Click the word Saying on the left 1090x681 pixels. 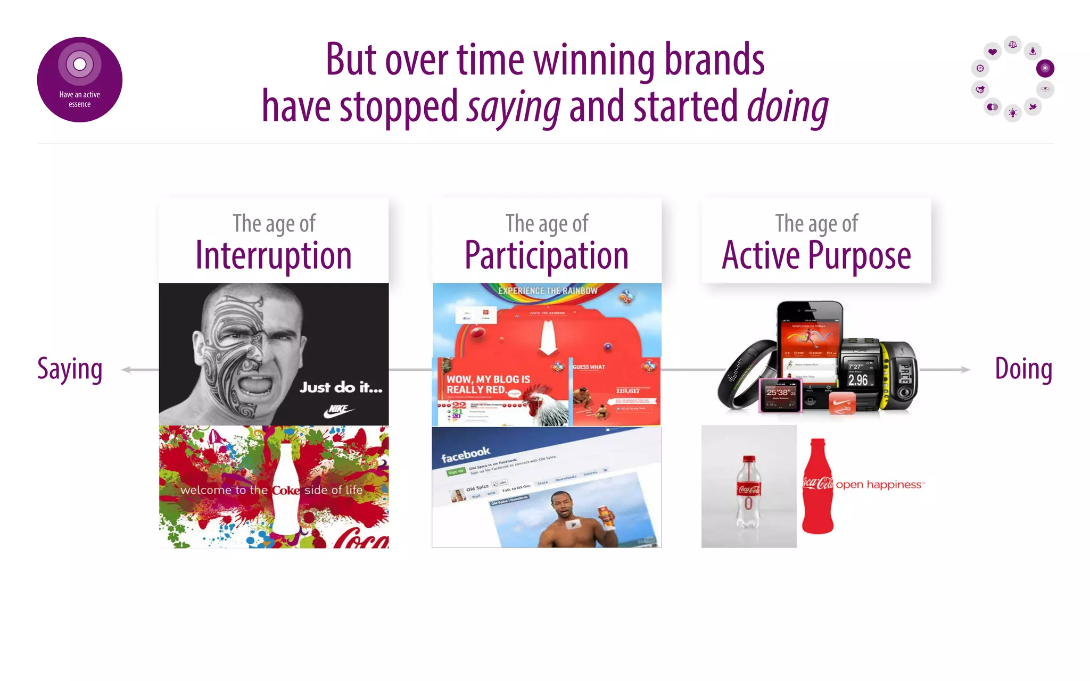70,369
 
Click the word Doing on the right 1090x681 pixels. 1023,369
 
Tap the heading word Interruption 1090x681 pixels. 274,256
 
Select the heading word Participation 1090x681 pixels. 547,256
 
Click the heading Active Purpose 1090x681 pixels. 816,256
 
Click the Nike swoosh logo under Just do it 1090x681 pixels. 339,411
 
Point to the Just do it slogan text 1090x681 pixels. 341,387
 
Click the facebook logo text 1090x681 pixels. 465,454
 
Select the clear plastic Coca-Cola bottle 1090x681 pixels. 748,489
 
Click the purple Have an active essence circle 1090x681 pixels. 80,80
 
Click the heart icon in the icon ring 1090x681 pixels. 992,52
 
